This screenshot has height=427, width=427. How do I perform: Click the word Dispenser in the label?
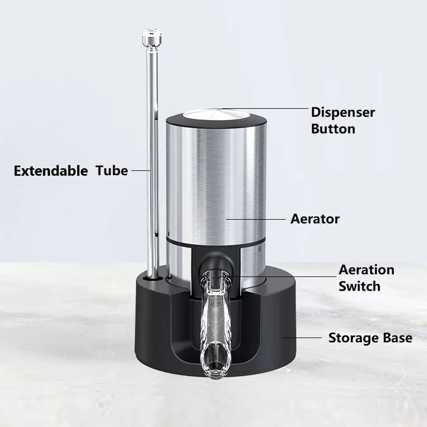(343, 113)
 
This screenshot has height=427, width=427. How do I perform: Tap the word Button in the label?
(333, 129)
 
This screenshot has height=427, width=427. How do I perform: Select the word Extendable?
(51, 171)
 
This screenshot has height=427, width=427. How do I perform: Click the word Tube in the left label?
(112, 171)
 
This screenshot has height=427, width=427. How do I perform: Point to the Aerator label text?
(315, 219)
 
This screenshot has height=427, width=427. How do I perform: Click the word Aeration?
(366, 269)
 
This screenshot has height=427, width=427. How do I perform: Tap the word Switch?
(359, 286)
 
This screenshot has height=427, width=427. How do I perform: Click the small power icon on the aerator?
(260, 249)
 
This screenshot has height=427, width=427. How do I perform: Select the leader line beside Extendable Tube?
(140, 171)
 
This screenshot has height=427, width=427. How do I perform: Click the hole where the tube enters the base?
(154, 279)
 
